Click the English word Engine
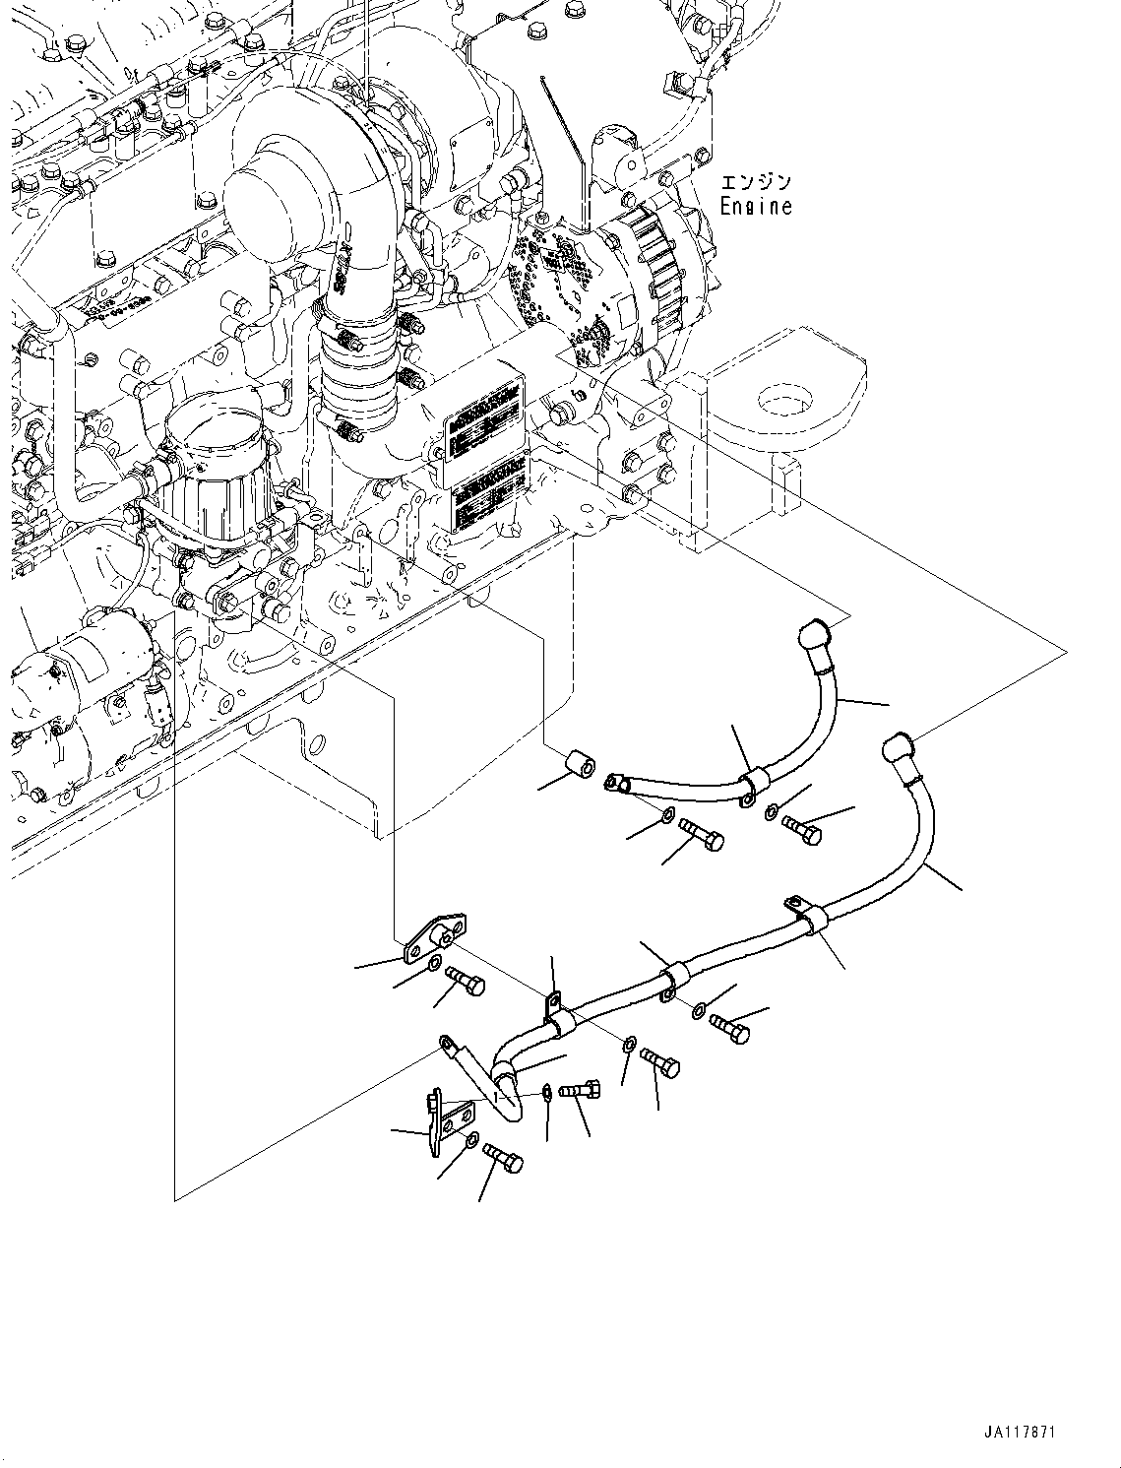click(755, 207)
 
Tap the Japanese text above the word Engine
click(756, 183)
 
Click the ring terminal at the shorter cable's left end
click(618, 784)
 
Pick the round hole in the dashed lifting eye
click(784, 400)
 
